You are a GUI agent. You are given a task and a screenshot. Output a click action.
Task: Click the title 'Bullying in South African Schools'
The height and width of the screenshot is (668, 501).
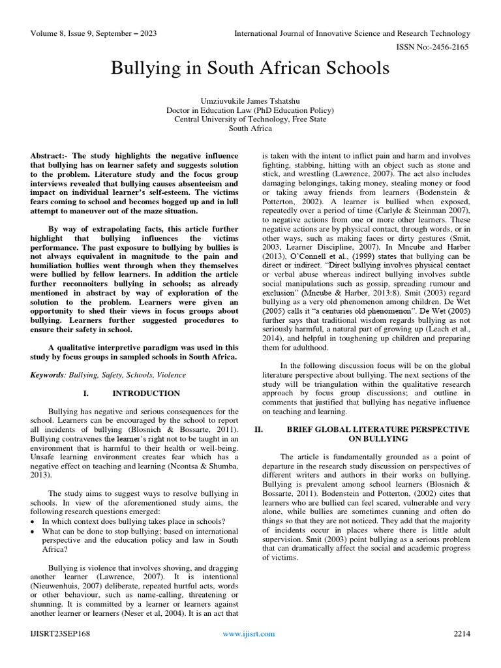coord(250,68)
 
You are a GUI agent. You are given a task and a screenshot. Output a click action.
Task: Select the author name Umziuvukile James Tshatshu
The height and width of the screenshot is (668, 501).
coord(250,100)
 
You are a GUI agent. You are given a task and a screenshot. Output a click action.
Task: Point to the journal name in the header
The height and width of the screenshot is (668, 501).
coord(352,33)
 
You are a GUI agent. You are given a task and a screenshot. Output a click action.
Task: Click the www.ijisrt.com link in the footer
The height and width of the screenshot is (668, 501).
coord(249,633)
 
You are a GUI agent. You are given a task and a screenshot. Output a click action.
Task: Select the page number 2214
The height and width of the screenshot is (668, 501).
coord(462,633)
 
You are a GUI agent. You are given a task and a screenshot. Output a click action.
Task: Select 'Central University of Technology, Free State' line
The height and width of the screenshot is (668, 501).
coord(250,119)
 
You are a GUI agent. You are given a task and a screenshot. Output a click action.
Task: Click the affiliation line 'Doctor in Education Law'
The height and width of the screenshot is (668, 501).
coord(250,110)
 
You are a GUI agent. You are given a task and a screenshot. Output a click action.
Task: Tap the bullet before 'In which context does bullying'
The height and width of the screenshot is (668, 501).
coord(33,522)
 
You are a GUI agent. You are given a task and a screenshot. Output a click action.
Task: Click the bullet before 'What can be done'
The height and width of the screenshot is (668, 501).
coord(33,531)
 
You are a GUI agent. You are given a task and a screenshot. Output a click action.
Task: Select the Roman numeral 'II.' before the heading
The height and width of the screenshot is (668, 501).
coord(258,430)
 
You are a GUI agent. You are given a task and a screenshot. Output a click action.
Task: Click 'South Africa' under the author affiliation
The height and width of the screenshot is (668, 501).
coord(250,129)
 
